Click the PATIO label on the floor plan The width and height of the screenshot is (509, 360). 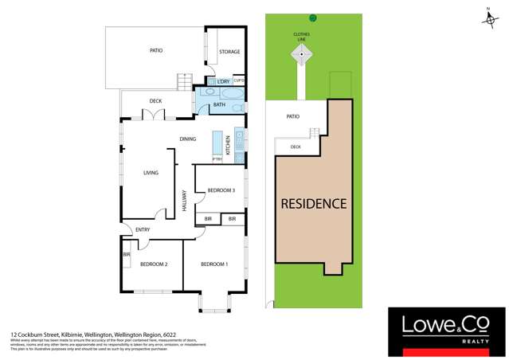[x=156, y=50]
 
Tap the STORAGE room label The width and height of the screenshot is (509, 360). [x=229, y=52]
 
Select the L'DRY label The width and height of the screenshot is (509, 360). [x=223, y=81]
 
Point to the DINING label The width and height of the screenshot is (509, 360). [x=188, y=139]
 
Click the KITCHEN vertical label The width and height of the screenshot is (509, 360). [x=228, y=145]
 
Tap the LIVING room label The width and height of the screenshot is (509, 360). [x=151, y=173]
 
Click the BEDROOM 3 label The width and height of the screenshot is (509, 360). [x=221, y=190]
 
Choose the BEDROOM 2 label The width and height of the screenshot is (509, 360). [x=154, y=264]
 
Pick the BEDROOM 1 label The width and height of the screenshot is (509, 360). [x=214, y=264]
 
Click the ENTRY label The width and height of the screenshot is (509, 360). [x=143, y=230]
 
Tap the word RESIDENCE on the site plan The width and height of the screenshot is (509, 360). [x=315, y=204]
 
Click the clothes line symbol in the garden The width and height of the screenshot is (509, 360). [x=302, y=54]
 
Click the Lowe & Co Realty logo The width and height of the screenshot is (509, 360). [x=442, y=329]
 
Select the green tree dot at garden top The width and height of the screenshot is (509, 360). [x=313, y=18]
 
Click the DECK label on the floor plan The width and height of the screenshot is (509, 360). [x=156, y=101]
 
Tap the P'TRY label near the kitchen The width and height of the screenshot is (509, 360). [x=217, y=159]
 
